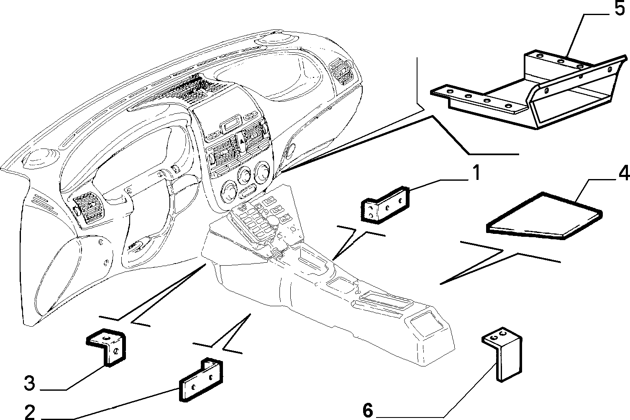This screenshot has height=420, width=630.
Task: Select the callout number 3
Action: (x=30, y=383)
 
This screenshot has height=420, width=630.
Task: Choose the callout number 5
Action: (x=619, y=8)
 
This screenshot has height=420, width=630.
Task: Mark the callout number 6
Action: (x=368, y=410)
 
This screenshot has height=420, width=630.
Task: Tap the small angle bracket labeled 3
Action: (x=106, y=347)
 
